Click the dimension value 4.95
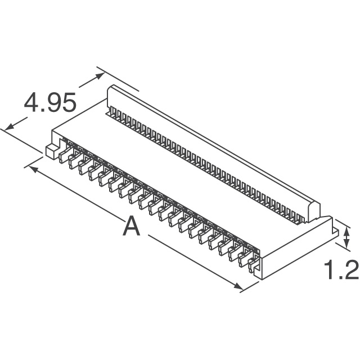click(x=49, y=103)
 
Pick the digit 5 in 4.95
click(x=67, y=103)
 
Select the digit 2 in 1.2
click(x=350, y=271)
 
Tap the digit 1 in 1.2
click(x=331, y=271)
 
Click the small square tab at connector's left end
click(x=49, y=150)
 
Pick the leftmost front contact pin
click(x=63, y=155)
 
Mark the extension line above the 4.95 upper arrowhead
click(x=118, y=79)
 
